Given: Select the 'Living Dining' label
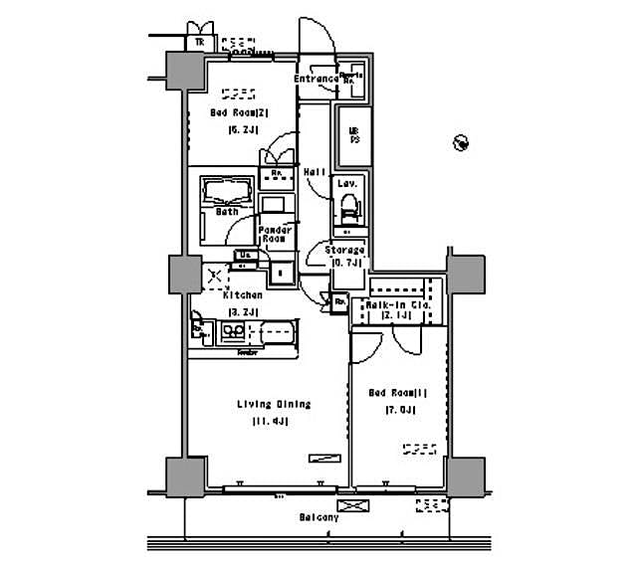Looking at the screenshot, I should [x=274, y=404].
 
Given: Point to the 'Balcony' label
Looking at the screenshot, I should [x=318, y=517].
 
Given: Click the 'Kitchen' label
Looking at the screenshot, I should [x=243, y=294].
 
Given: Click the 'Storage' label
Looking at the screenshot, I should [x=344, y=250].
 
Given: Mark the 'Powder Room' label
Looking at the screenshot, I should [x=274, y=234].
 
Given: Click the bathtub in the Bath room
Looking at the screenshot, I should [x=227, y=191].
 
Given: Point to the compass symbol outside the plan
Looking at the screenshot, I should [x=459, y=143].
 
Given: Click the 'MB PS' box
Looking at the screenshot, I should [x=352, y=135].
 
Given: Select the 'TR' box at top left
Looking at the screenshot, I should [x=199, y=42].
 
